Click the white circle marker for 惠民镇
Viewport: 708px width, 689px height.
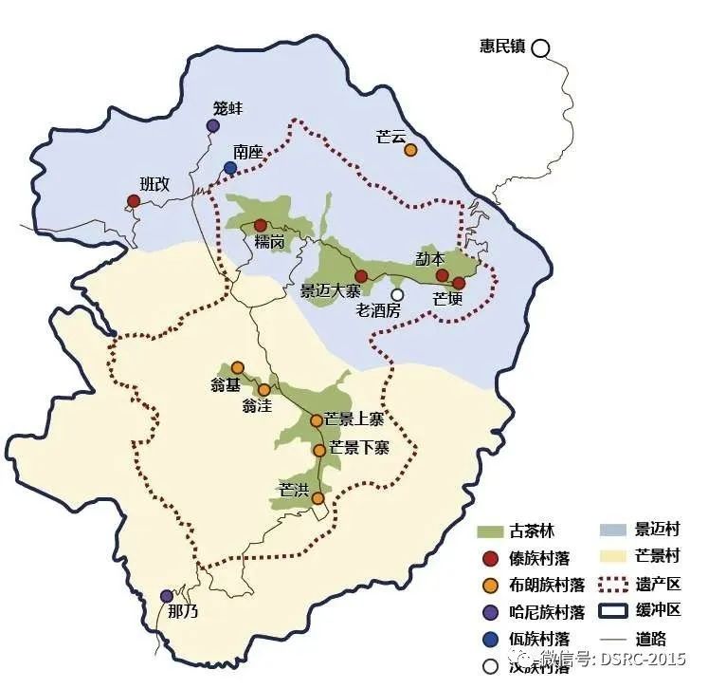(x=540, y=47)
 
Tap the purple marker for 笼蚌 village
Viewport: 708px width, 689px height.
(x=213, y=126)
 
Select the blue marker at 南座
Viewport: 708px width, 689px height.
(x=230, y=168)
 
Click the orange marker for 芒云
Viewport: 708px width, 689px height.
(x=410, y=150)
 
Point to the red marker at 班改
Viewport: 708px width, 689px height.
(x=134, y=200)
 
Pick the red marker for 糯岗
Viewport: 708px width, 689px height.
(x=261, y=225)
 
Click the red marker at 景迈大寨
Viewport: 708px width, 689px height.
(x=361, y=276)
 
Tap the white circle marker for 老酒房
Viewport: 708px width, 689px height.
(x=397, y=295)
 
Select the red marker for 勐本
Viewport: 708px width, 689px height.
(x=442, y=275)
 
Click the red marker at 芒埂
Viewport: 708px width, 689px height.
(x=459, y=283)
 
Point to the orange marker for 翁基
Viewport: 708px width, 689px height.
(x=237, y=367)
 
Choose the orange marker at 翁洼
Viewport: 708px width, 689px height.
(x=264, y=389)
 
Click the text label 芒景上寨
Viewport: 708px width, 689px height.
(x=354, y=419)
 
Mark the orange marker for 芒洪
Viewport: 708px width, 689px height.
(x=318, y=497)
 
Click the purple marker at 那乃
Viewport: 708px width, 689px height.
(x=167, y=595)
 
